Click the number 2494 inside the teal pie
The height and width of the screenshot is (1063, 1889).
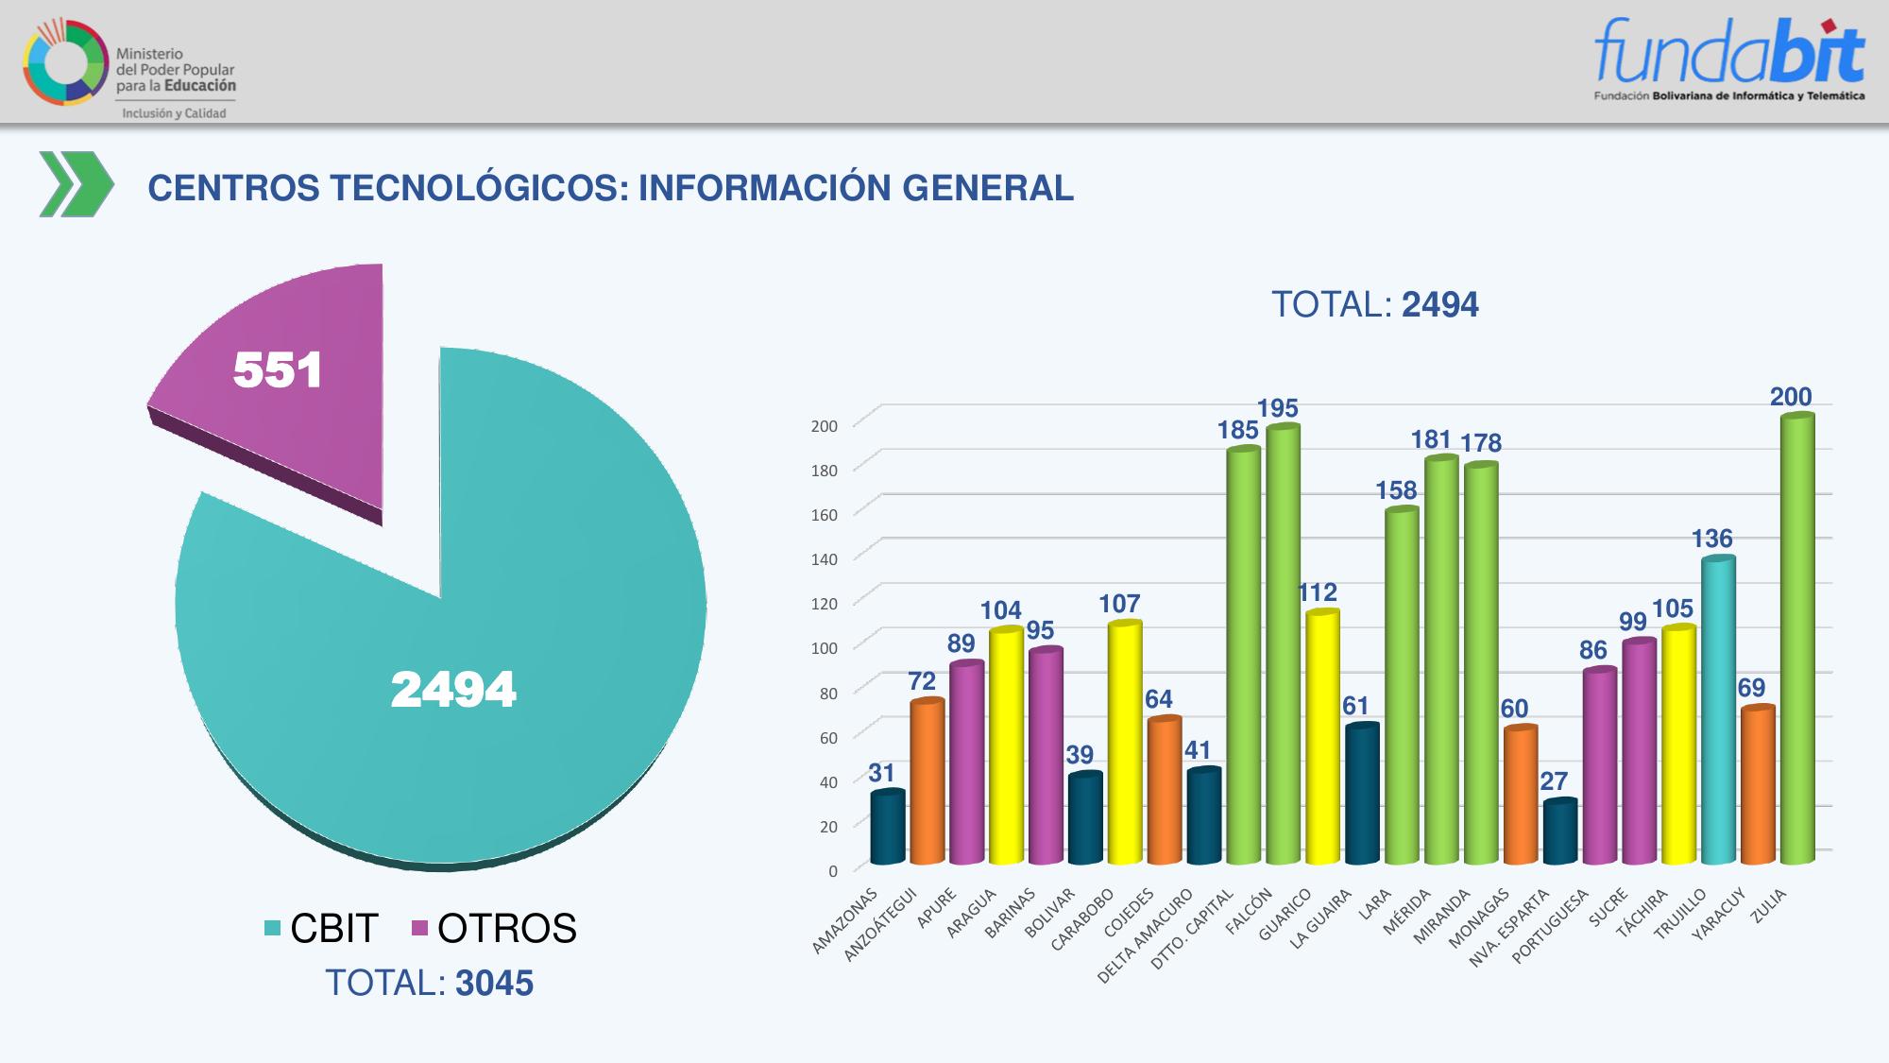[x=453, y=689]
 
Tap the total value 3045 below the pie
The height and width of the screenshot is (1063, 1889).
[x=494, y=984]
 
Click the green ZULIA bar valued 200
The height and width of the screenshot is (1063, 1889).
[x=1796, y=643]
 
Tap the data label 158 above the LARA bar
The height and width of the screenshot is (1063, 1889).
[x=1396, y=490]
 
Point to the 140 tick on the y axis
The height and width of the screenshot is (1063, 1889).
[x=825, y=559]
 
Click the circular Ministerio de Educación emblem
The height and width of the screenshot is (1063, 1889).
[x=65, y=62]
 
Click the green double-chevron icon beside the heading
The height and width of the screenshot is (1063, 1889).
[x=76, y=184]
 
